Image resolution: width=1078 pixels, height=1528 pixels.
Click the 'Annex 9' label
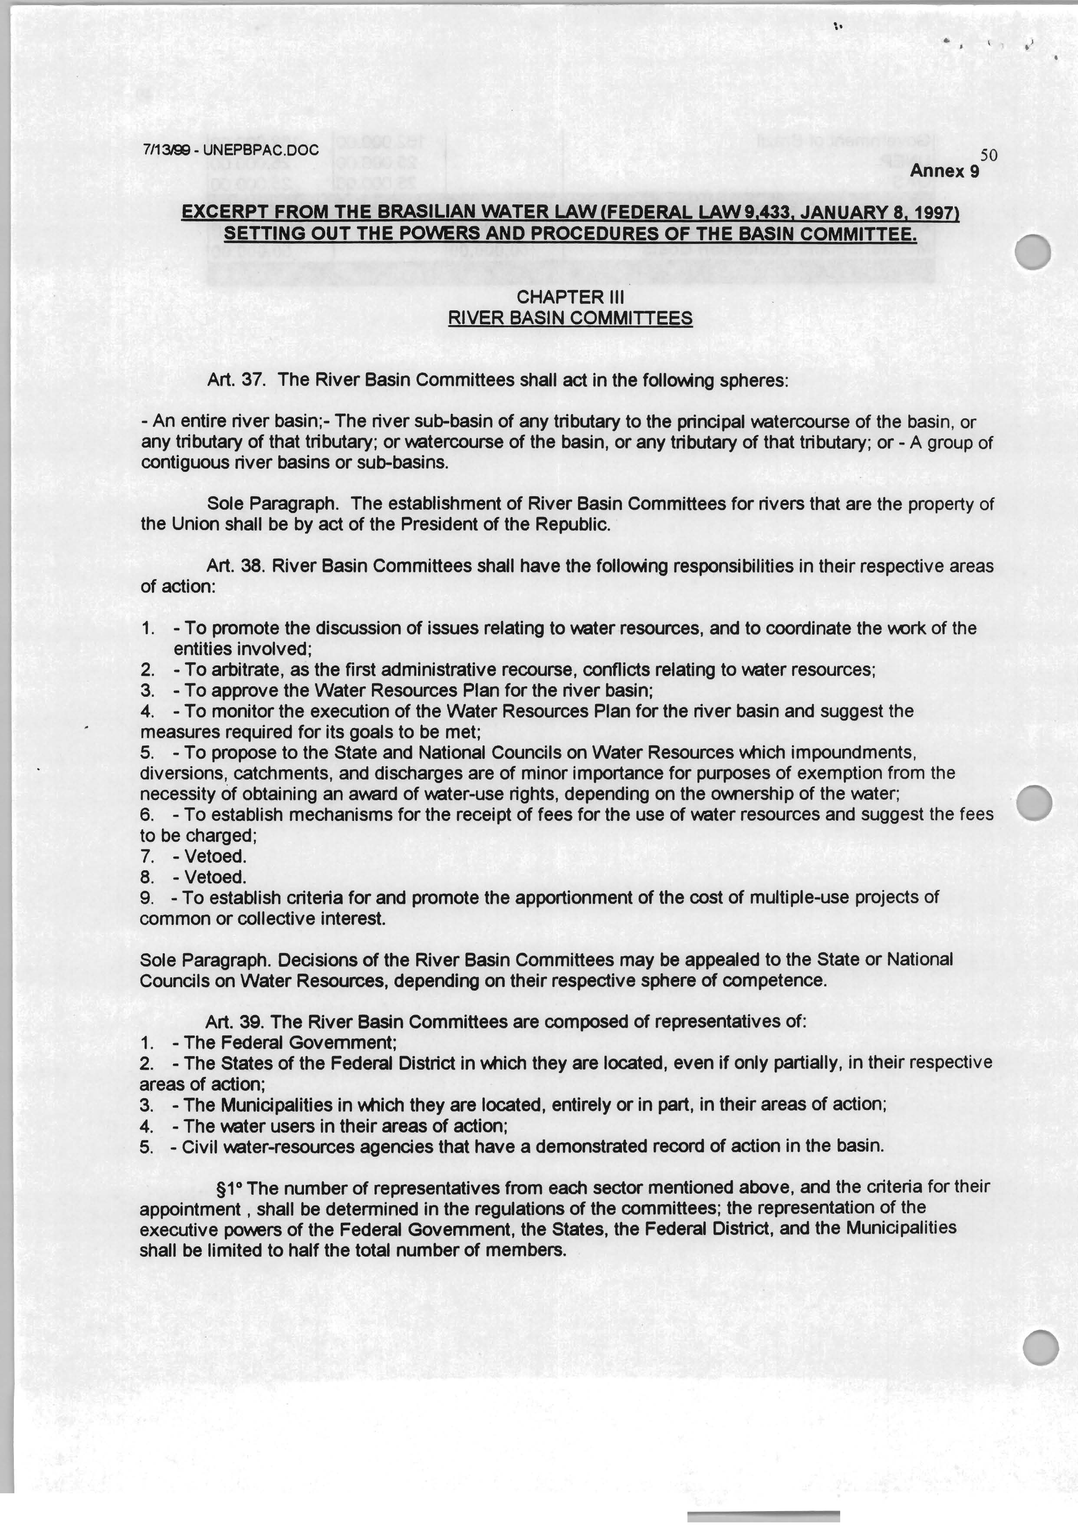tap(944, 171)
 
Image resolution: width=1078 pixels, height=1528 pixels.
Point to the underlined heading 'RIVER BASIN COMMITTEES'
tap(570, 318)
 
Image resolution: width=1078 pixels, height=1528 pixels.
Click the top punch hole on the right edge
tap(1033, 253)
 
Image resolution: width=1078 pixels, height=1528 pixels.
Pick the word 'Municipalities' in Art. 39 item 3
tap(277, 1105)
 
